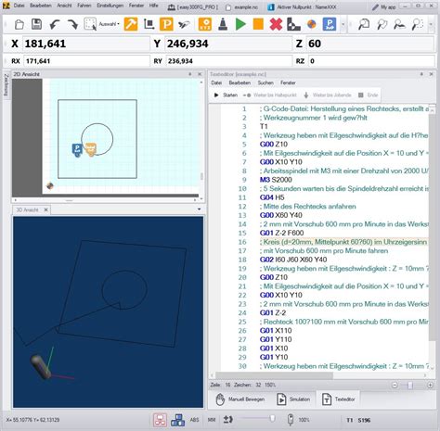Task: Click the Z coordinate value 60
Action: tap(316, 44)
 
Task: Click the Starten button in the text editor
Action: tap(226, 95)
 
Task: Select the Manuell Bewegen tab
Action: tap(242, 399)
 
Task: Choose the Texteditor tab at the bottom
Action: tap(342, 399)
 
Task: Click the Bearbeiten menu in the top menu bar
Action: tap(40, 6)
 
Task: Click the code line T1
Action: tap(239, 125)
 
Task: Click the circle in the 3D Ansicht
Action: tap(123, 286)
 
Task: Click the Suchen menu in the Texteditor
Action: tap(265, 82)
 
